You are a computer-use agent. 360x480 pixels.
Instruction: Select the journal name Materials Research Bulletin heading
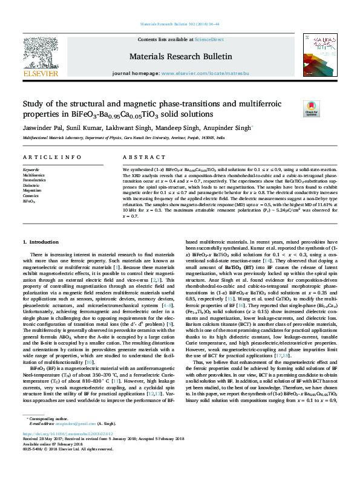[x=180, y=57]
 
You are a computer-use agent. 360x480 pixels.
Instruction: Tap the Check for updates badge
[x=312, y=108]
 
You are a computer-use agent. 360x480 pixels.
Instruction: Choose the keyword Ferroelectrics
[x=34, y=180]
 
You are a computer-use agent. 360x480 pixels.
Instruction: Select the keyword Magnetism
[x=32, y=190]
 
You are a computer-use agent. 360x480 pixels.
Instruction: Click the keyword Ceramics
[x=31, y=195]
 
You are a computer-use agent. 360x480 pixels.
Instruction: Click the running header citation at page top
[x=180, y=24]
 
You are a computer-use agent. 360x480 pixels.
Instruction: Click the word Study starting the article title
[x=33, y=103]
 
